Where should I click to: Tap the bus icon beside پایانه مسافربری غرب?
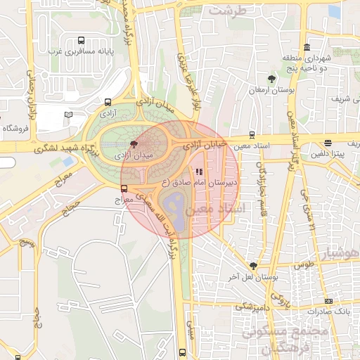tap(80, 41)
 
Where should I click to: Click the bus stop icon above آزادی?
tap(107, 102)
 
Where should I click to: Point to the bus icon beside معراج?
tap(124, 188)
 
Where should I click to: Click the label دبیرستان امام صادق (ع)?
tap(200, 182)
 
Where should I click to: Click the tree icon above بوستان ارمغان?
tap(272, 79)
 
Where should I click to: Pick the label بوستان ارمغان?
tap(271, 90)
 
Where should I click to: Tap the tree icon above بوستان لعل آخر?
tap(253, 266)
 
